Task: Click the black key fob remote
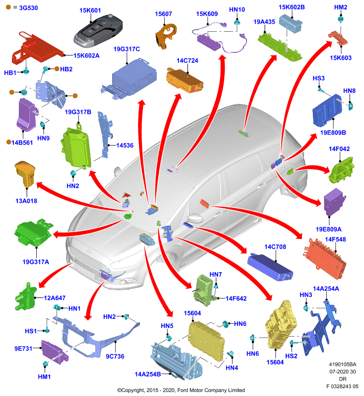[x=98, y=31]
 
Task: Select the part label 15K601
[x=90, y=10]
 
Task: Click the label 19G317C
[x=126, y=49]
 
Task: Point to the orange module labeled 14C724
[x=184, y=80]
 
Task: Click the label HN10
[x=237, y=9]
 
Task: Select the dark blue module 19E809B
[x=328, y=110]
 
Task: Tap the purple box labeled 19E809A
[x=335, y=202]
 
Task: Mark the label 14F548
[x=335, y=240]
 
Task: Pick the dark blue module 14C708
[x=270, y=267]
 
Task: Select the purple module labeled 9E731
[x=55, y=352]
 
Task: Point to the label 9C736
[x=115, y=356]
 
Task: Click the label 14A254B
[x=148, y=374]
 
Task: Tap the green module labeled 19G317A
[x=34, y=233]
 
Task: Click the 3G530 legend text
[x=29, y=8]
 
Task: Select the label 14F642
[x=236, y=298]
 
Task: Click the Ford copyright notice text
[x=181, y=390]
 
